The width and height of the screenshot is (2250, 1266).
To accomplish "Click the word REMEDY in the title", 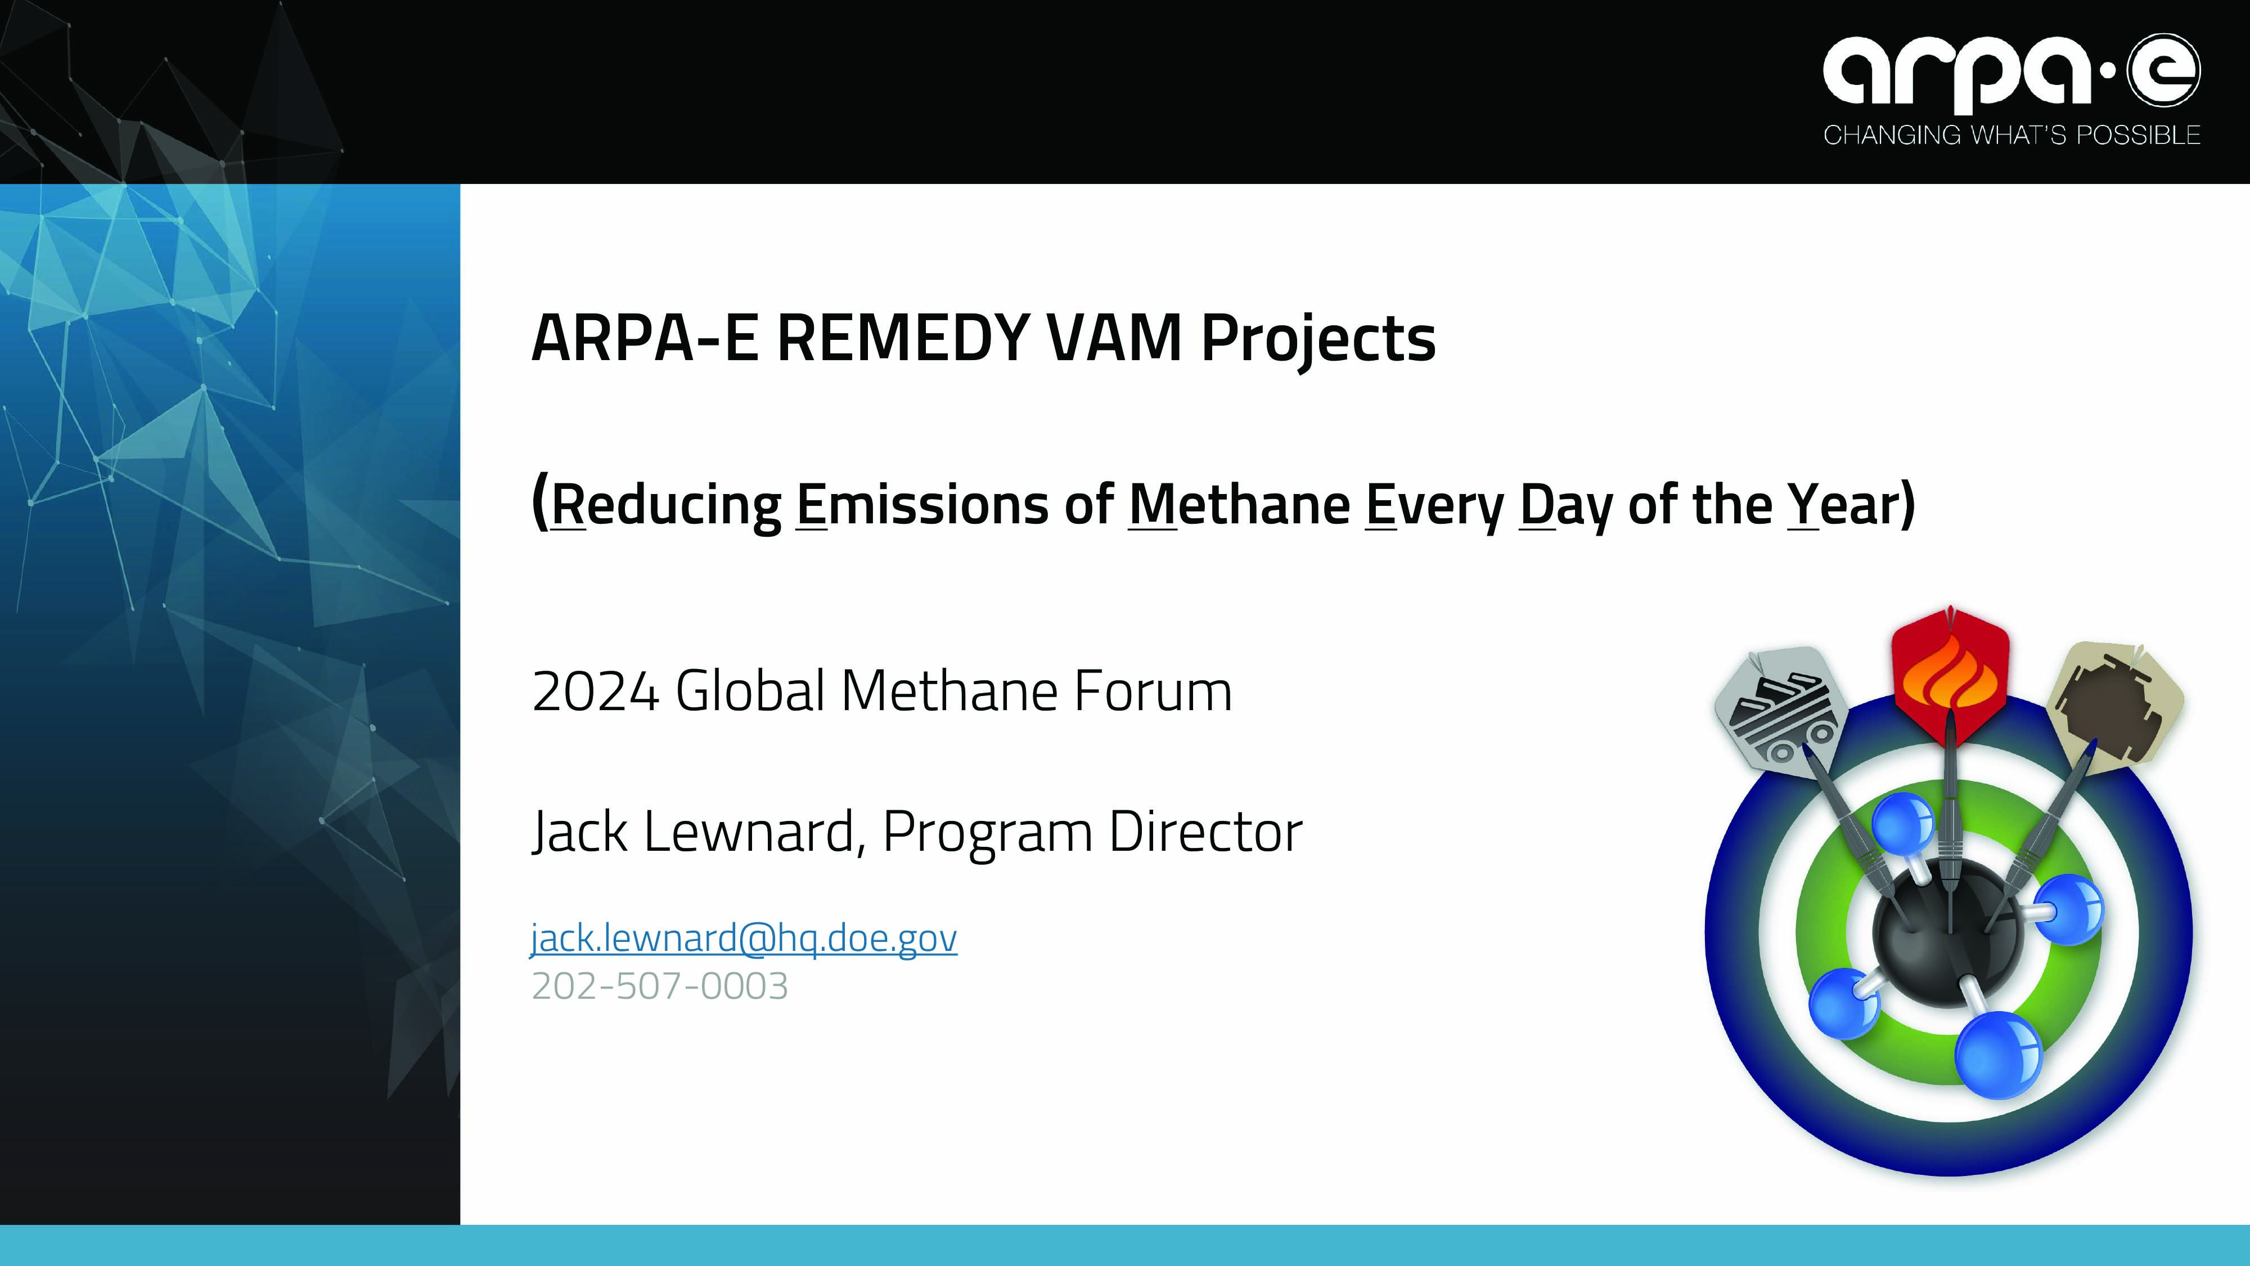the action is (903, 338).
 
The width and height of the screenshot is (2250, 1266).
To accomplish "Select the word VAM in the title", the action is (1114, 338).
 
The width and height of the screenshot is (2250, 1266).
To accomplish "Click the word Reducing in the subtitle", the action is (665, 505).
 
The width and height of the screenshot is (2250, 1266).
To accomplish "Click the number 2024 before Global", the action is (595, 691).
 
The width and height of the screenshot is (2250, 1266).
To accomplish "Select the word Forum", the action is (1153, 691).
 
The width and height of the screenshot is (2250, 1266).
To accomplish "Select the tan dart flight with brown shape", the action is (2114, 708).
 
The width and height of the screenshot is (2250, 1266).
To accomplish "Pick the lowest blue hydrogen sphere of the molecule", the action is (1999, 1056).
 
